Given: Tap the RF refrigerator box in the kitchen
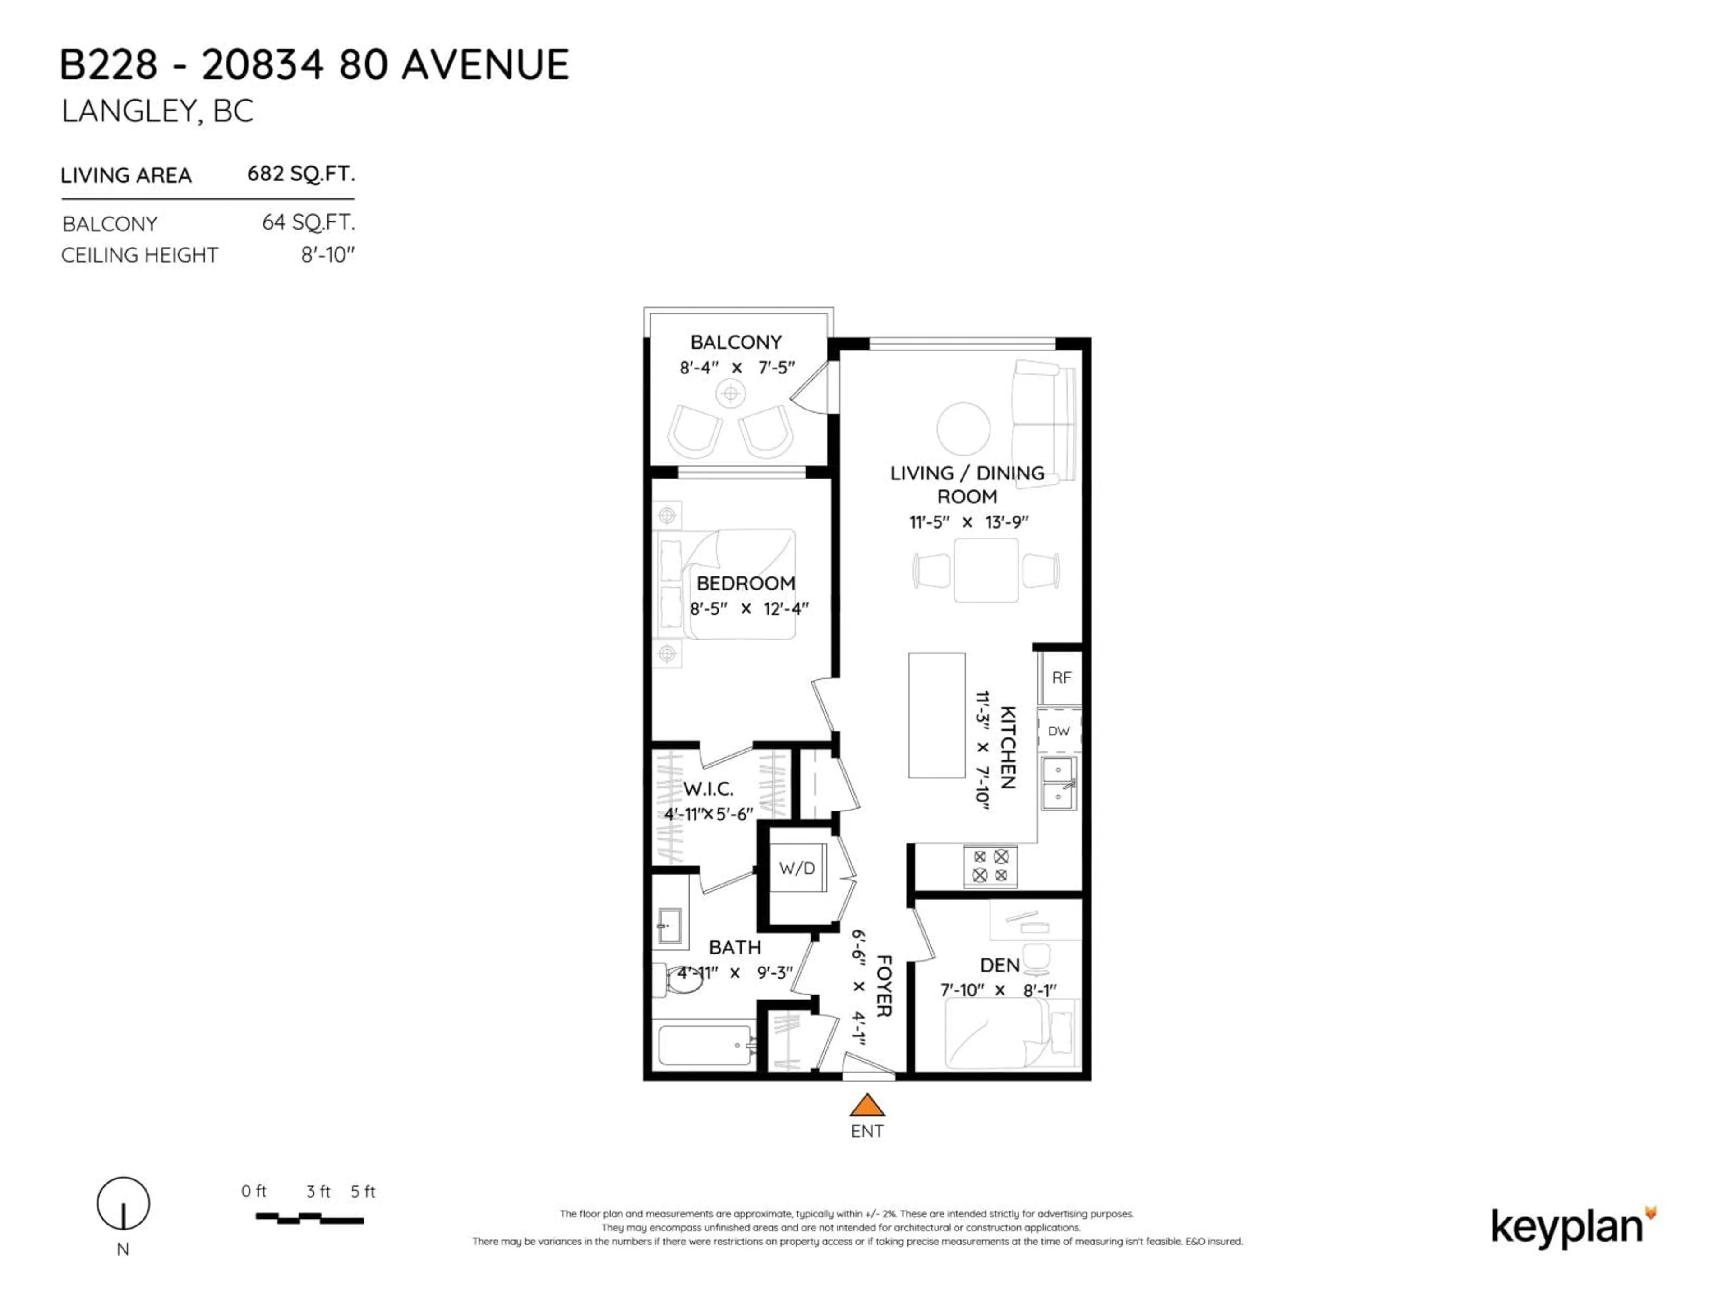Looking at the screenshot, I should pyautogui.click(x=1061, y=677).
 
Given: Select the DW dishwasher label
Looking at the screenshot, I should pyautogui.click(x=1059, y=731).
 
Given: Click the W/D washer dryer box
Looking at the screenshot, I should pyautogui.click(x=797, y=867).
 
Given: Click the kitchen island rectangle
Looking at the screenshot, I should pyautogui.click(x=936, y=715).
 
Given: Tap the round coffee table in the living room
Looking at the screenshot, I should pyautogui.click(x=963, y=429).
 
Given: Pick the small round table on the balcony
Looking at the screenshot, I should pyautogui.click(x=731, y=393).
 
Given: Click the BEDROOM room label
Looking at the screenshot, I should pyautogui.click(x=746, y=583).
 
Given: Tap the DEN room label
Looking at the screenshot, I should pyautogui.click(x=1000, y=965).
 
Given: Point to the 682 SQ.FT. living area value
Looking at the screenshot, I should pyautogui.click(x=301, y=174).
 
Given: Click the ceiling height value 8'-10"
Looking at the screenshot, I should pyautogui.click(x=328, y=255).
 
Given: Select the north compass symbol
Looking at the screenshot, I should pyautogui.click(x=123, y=1203).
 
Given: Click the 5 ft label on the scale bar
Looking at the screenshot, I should pyautogui.click(x=363, y=1192).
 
